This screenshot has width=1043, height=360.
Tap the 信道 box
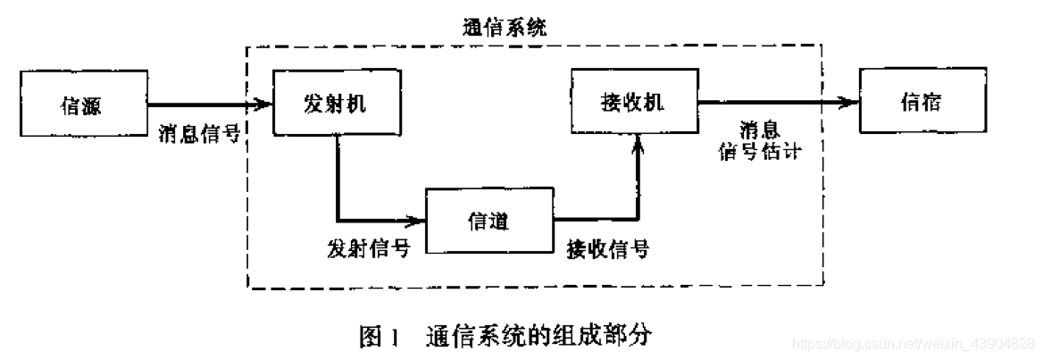(x=489, y=221)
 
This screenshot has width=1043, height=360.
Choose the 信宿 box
(x=920, y=103)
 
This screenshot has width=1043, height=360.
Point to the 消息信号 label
(x=197, y=134)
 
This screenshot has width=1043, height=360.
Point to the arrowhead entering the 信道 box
(x=418, y=219)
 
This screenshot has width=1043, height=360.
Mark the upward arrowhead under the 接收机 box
(x=637, y=143)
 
